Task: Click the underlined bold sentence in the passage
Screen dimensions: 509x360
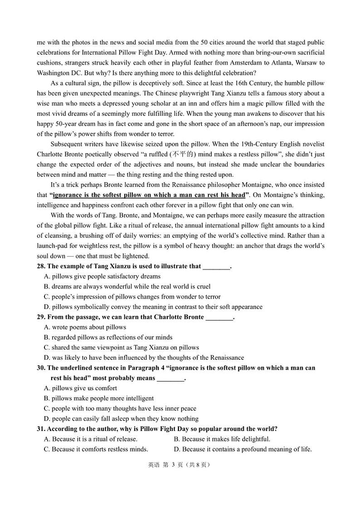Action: point(149,195)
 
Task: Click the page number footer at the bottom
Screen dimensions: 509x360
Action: point(180,465)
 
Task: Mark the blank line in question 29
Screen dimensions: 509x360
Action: point(219,317)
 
